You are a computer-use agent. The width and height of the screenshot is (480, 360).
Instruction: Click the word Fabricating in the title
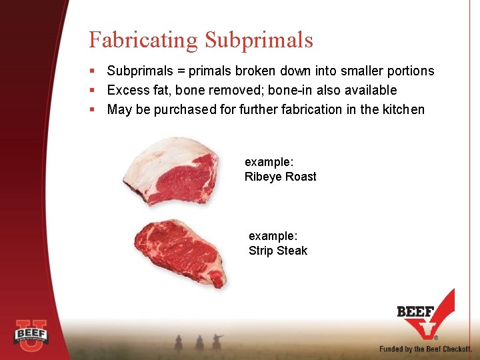tap(143, 40)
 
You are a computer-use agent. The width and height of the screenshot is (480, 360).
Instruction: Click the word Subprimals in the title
tap(259, 40)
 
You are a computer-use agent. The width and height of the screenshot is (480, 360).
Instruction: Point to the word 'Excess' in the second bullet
tap(128, 90)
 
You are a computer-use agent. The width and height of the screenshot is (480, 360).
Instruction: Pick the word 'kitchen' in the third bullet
tap(402, 109)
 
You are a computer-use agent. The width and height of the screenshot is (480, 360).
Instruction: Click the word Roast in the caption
tap(301, 177)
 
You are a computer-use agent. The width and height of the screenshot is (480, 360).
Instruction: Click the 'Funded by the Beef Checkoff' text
tap(425, 349)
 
